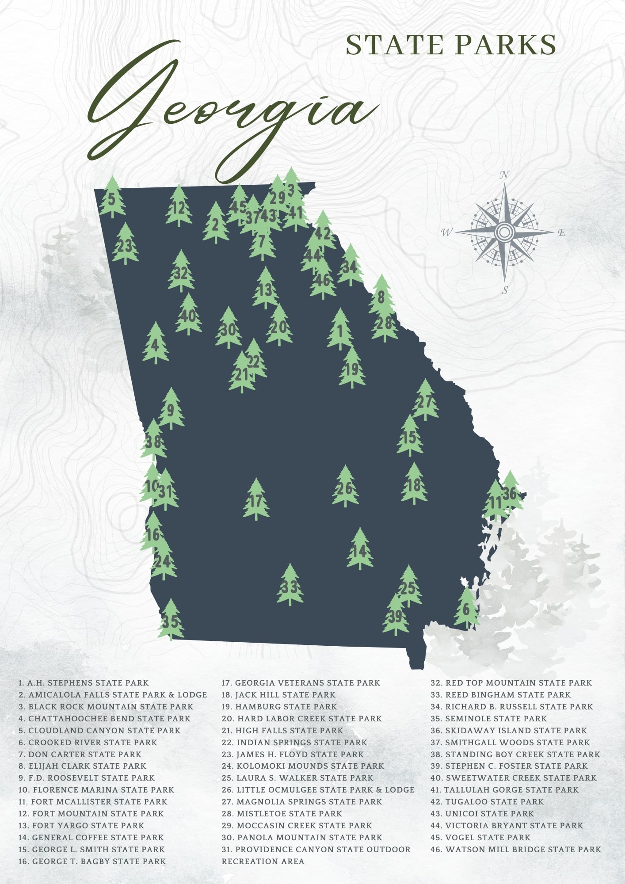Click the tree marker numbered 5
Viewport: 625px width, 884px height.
click(112, 199)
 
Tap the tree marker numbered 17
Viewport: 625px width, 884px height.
click(256, 501)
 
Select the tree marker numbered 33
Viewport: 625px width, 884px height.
click(290, 587)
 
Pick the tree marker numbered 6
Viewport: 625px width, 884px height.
click(466, 609)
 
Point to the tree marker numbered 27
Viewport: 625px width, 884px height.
click(425, 401)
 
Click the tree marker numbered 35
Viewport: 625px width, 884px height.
click(171, 621)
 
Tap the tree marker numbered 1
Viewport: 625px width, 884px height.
click(340, 331)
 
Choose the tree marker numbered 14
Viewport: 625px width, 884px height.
click(360, 550)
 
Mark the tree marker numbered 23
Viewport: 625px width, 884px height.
click(125, 245)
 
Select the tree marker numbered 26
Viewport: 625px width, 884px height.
click(345, 488)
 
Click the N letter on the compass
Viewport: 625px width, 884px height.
click(504, 175)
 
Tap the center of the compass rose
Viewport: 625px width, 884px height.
click(504, 231)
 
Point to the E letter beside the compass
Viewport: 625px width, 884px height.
click(562, 233)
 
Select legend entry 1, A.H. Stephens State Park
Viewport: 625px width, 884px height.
click(84, 683)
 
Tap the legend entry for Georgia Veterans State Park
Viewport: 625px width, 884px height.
click(301, 683)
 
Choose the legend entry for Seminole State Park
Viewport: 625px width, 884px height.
click(488, 718)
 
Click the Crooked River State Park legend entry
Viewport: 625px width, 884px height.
click(88, 742)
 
